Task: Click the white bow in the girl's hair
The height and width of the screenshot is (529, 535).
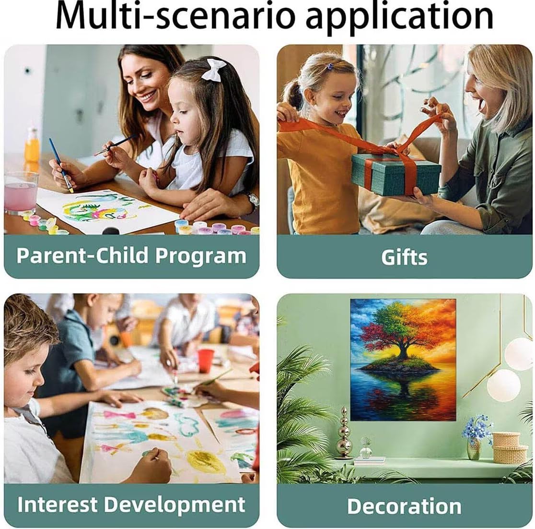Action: point(213,70)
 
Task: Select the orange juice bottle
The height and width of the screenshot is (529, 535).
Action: point(32,145)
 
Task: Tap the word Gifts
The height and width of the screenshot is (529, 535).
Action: point(404,257)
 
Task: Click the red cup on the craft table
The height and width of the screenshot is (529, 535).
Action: point(205,361)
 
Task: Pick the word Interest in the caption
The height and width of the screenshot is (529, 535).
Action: point(58,505)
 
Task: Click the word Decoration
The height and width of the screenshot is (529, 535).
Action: point(404,506)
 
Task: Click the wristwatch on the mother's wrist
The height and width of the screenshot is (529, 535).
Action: point(253,202)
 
